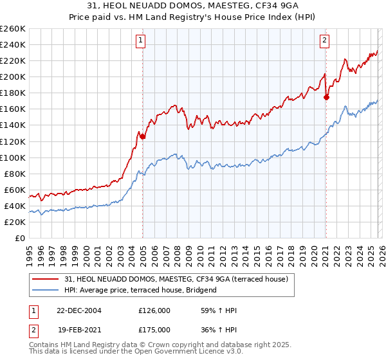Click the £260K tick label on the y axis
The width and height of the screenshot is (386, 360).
[x=13, y=29]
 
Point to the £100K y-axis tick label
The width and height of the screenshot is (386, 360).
[x=13, y=157]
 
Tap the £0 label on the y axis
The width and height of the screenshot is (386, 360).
[x=20, y=238]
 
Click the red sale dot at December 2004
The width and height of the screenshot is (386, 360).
[x=142, y=136]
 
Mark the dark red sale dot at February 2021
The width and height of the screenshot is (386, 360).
[x=326, y=97]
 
